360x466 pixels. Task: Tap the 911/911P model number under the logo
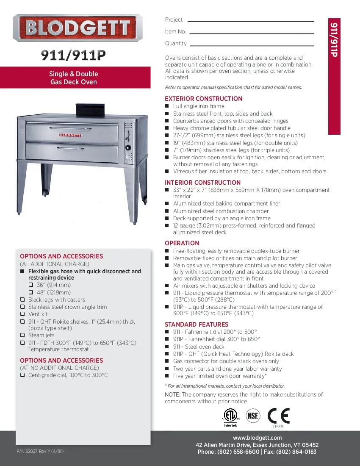(73, 55)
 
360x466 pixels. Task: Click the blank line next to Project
(250, 21)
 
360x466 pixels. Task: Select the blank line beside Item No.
(252, 33)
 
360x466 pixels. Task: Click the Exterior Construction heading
(203, 99)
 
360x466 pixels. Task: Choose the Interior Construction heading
(202, 183)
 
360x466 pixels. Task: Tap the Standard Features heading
(196, 325)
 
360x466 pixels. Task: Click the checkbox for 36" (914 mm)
(31, 285)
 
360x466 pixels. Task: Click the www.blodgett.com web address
(257, 438)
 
